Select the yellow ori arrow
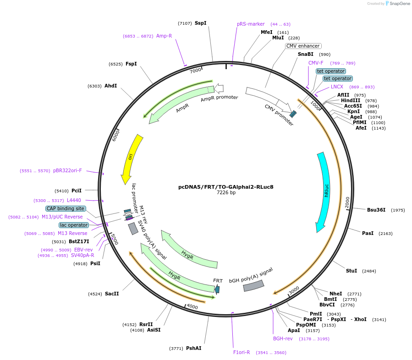[x=131, y=158]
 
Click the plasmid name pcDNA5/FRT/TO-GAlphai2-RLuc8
[x=226, y=187]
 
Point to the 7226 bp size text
[x=226, y=193]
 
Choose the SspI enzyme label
[x=200, y=23]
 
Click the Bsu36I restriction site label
[x=376, y=210]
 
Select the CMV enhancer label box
[x=303, y=46]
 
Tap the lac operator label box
[x=73, y=225]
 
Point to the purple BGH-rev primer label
[x=283, y=338]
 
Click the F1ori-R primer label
[x=242, y=352]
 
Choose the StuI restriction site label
[x=352, y=271]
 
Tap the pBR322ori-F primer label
[x=67, y=170]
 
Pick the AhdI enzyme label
[x=110, y=86]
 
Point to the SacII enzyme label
[x=112, y=294]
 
